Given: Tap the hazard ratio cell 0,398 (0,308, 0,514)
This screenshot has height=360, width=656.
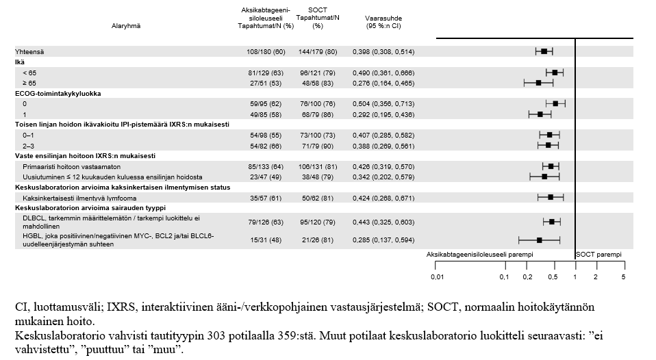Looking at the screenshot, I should (383, 51).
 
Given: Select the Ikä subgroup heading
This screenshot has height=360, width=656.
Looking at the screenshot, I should (20, 62).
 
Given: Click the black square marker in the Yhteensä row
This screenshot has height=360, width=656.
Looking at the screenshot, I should (544, 51).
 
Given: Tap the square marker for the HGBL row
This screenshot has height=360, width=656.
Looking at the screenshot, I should (540, 240).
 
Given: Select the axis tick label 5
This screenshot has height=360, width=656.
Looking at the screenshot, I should (623, 277).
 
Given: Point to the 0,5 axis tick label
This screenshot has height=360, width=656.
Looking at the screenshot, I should (553, 277).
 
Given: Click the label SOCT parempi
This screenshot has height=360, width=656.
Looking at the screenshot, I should (599, 254).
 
